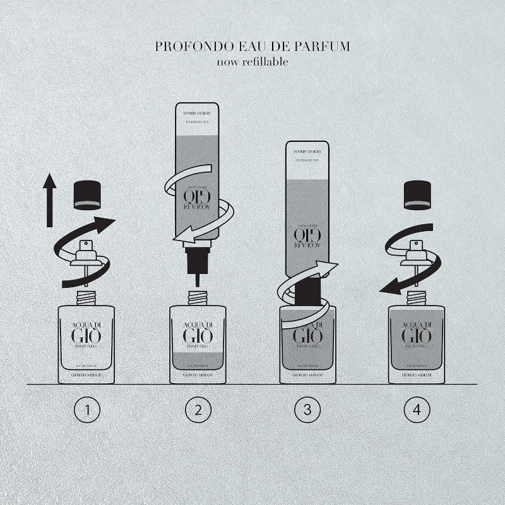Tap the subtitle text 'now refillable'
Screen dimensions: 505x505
click(x=252, y=61)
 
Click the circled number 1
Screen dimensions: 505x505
click(x=87, y=410)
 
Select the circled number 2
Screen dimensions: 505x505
click(x=198, y=410)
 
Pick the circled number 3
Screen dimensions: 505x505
click(x=307, y=410)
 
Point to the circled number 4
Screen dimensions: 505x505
click(x=417, y=410)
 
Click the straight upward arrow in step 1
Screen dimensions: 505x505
click(x=49, y=202)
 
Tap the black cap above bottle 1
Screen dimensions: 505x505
click(x=88, y=195)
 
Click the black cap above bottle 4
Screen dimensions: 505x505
click(x=417, y=195)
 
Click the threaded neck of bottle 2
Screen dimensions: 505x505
click(x=198, y=296)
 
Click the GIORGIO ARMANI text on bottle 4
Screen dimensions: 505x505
click(x=417, y=377)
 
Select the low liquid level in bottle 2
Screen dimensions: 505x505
click(x=198, y=360)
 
